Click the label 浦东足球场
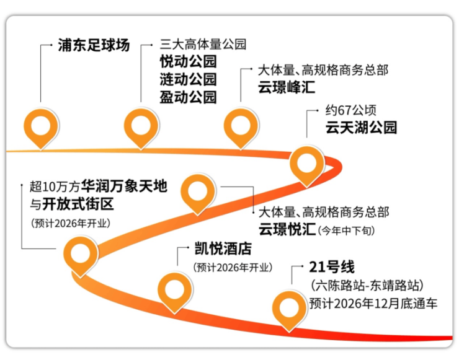94,45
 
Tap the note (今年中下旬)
347,230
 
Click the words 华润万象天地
124,186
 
